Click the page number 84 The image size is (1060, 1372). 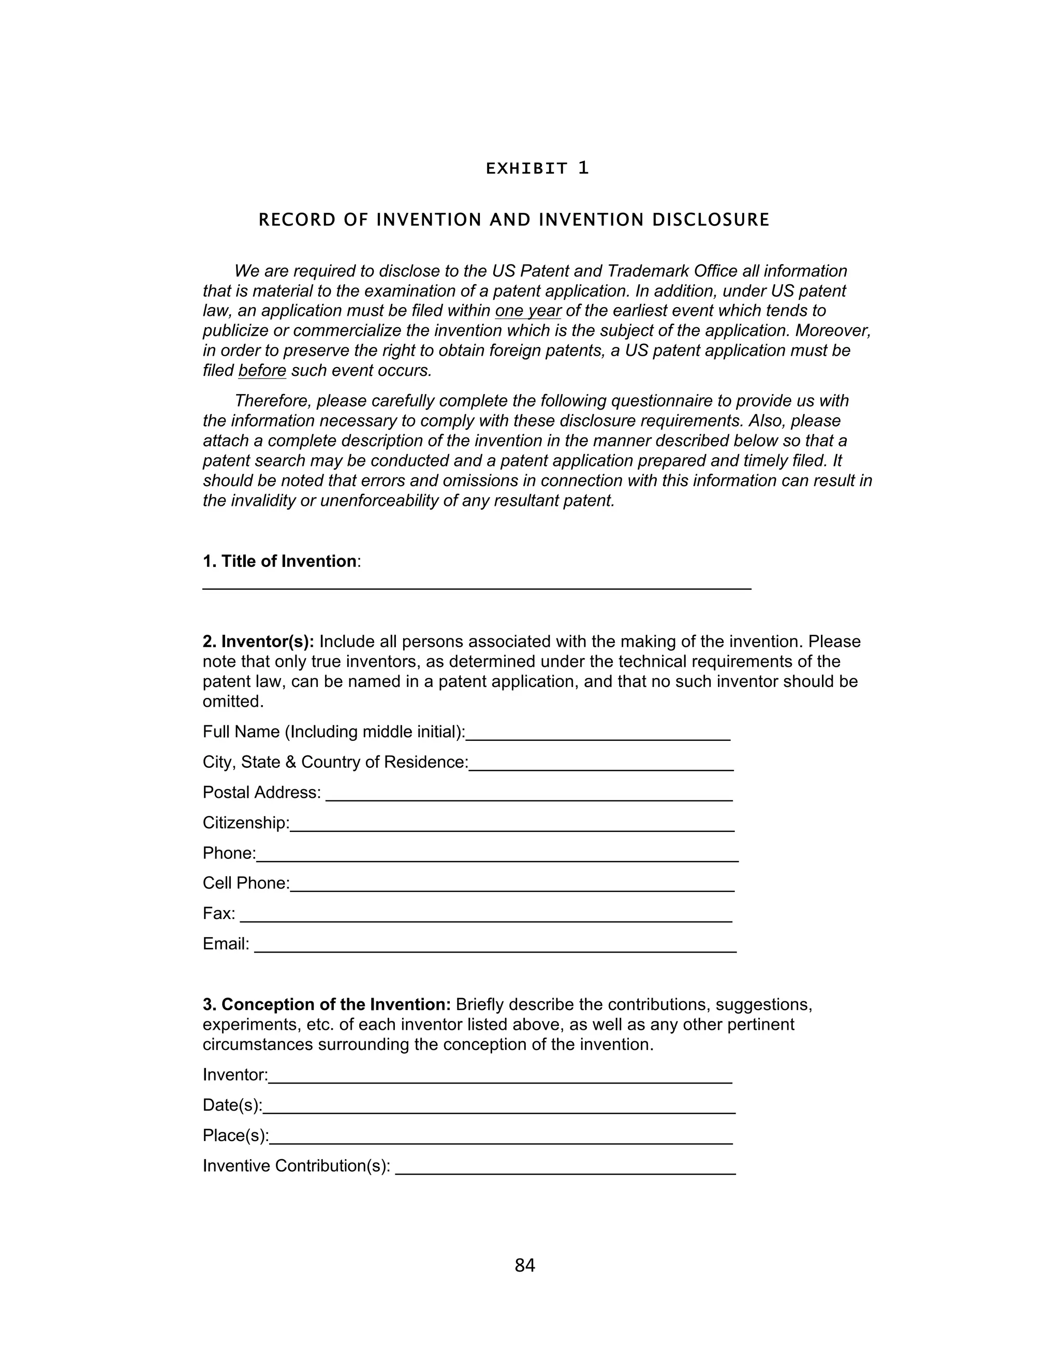524,1265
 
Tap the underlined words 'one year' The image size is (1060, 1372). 527,311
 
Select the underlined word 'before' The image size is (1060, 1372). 262,371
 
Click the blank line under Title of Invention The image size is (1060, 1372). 476,588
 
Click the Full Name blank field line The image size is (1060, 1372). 598,739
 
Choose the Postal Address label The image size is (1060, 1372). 261,793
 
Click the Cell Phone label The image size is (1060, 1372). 245,883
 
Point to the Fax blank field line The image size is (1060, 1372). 486,921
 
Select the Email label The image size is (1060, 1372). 226,944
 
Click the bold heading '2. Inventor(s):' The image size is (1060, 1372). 258,641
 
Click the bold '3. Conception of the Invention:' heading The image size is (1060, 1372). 327,1004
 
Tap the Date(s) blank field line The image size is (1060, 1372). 499,1112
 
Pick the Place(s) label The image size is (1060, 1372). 235,1136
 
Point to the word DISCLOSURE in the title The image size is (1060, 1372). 711,220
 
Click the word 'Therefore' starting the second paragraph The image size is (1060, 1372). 273,401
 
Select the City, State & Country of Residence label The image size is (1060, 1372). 335,763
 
